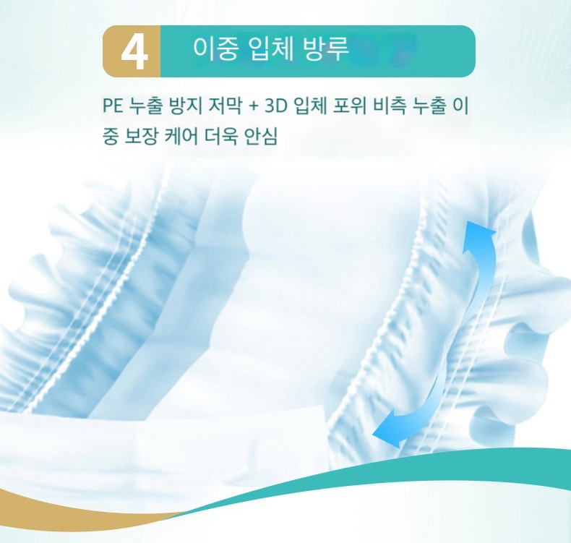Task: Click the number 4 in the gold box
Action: pyautogui.click(x=134, y=52)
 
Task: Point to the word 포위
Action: pyautogui.click(x=350, y=106)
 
